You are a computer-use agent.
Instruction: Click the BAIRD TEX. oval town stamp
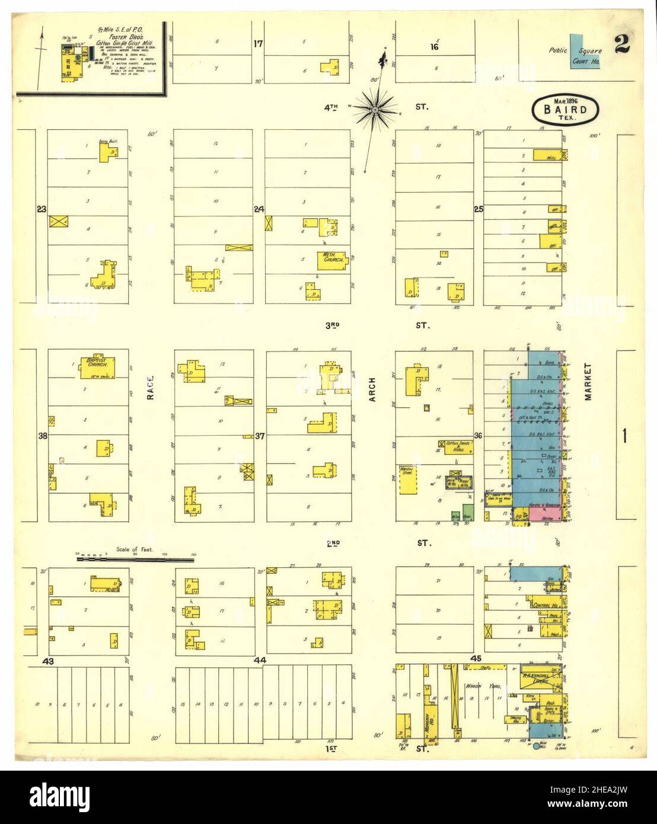point(567,109)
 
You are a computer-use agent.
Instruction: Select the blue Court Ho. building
point(585,52)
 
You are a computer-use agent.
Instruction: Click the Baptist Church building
point(98,367)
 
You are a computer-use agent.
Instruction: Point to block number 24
point(259,209)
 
